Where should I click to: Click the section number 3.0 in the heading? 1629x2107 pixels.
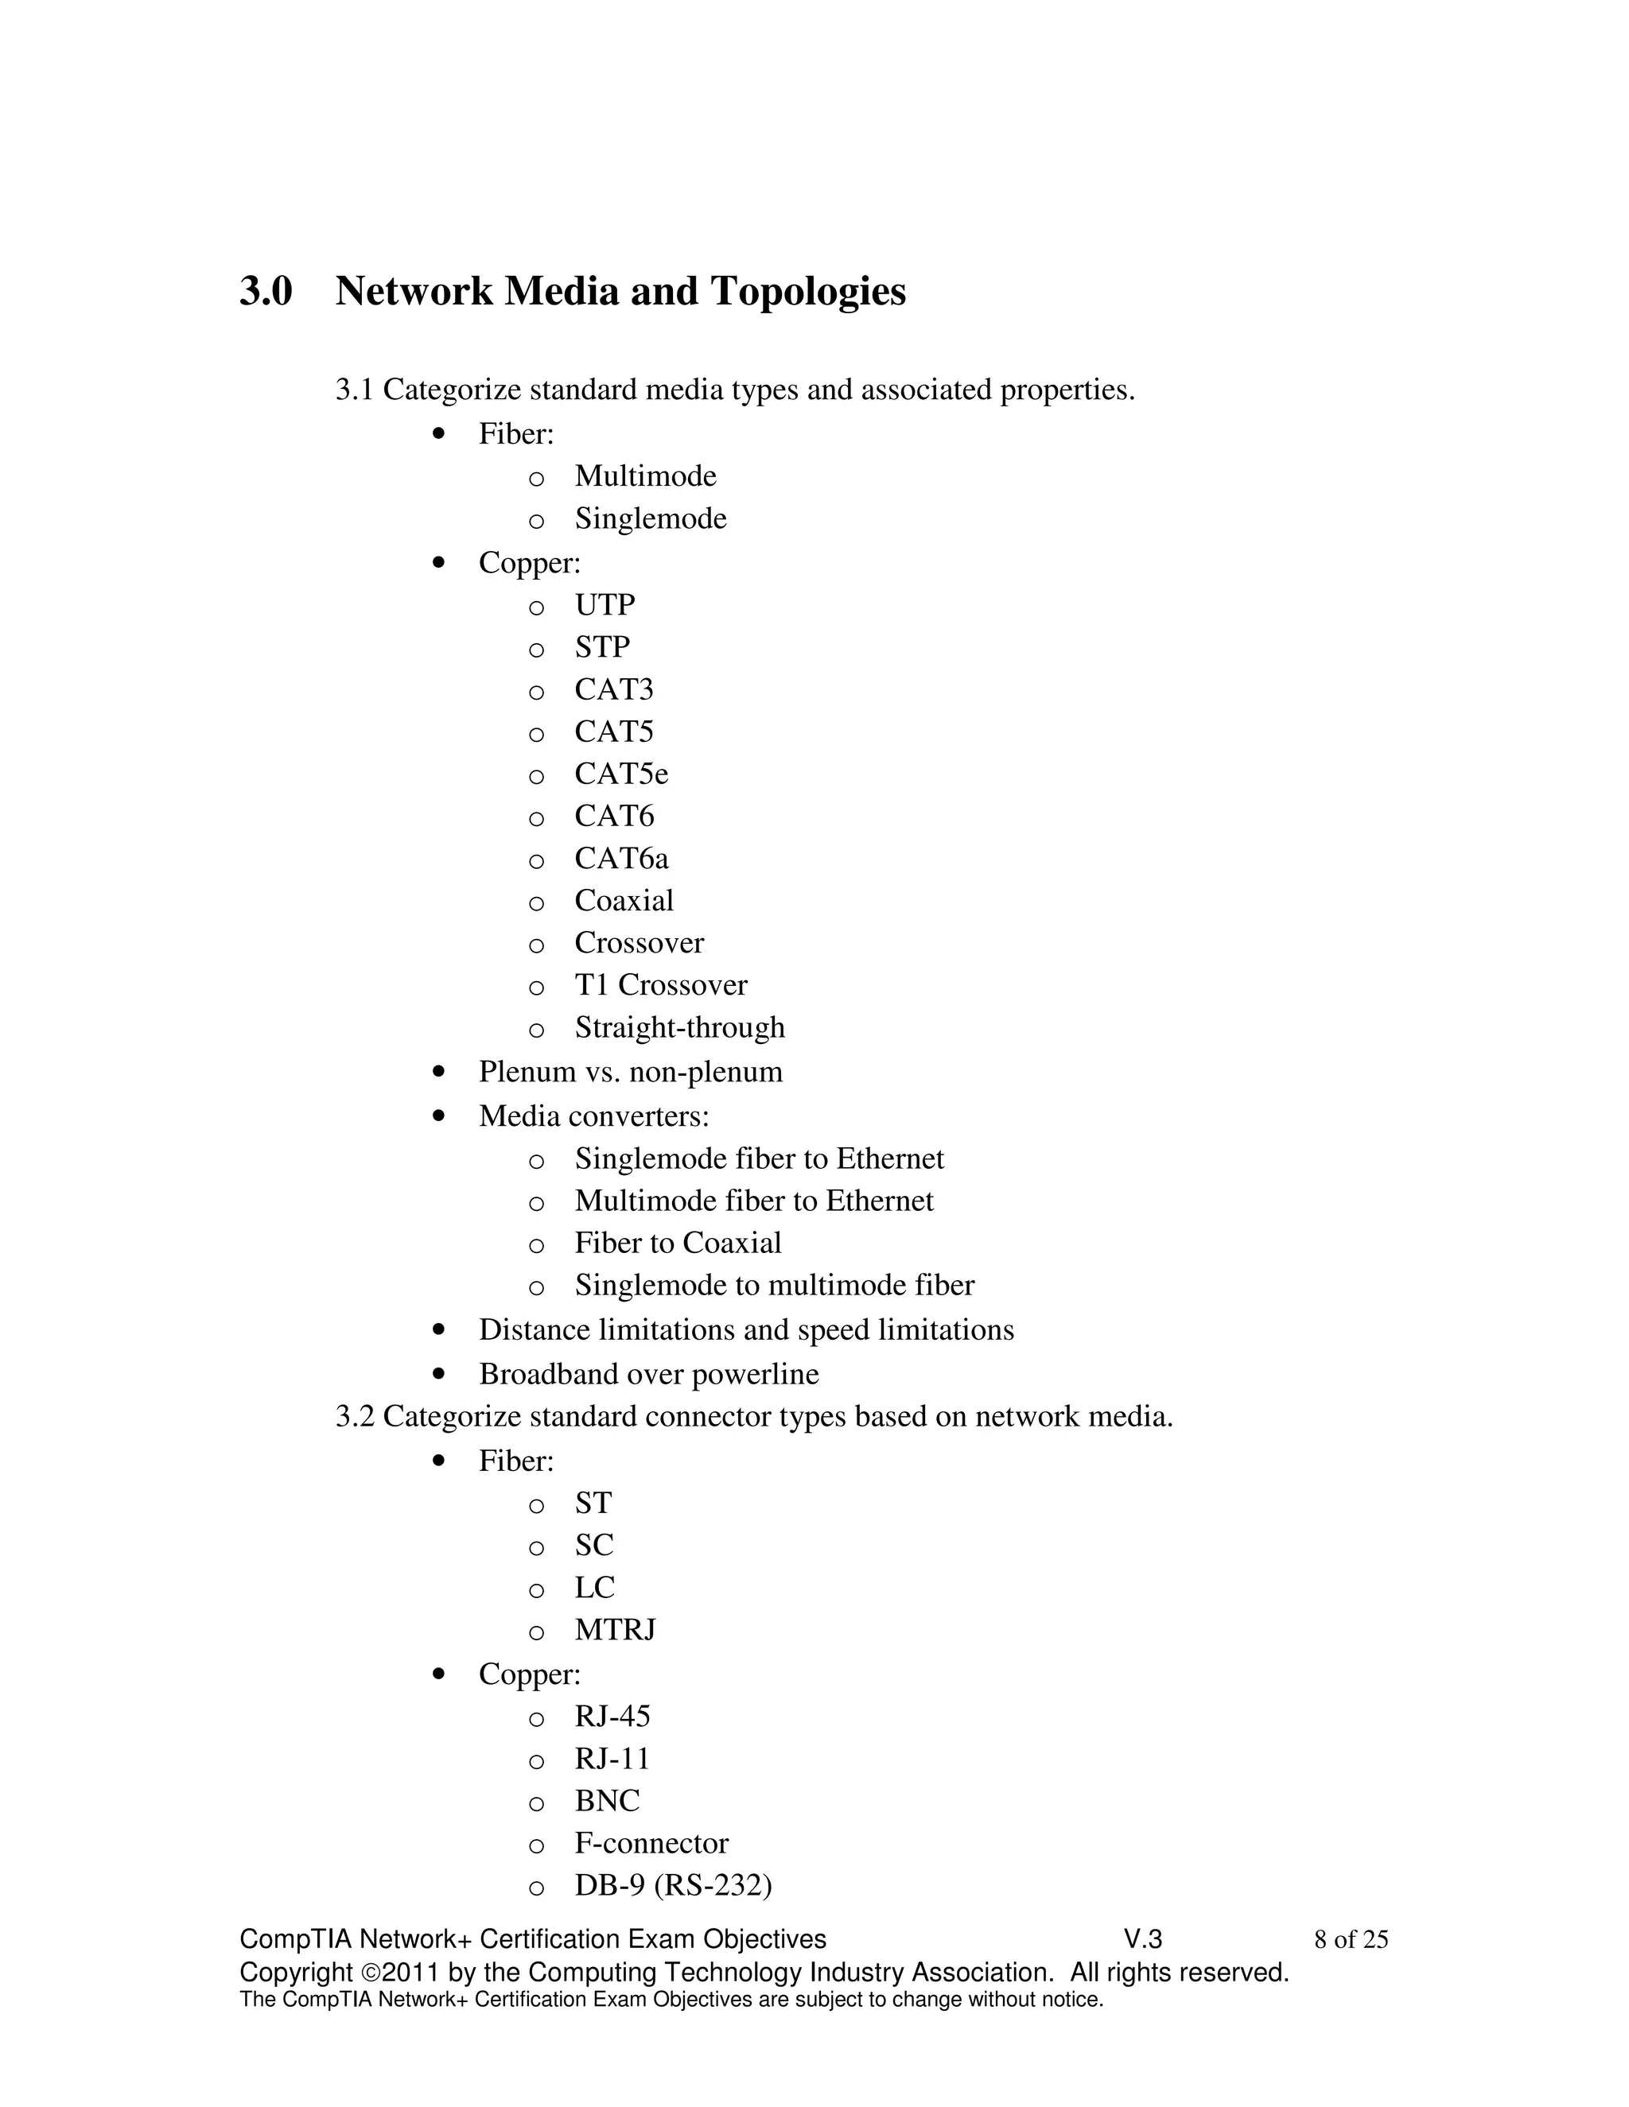click(x=266, y=291)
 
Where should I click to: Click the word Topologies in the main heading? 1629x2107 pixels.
click(x=808, y=291)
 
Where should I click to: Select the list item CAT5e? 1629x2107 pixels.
click(x=620, y=774)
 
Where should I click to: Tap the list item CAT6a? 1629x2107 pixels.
click(x=620, y=858)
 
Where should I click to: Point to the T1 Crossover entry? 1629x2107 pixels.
click(x=660, y=985)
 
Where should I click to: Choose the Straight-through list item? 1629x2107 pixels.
click(x=679, y=1027)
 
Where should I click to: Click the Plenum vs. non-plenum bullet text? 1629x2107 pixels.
click(x=630, y=1072)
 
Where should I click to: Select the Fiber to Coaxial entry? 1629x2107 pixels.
click(x=678, y=1243)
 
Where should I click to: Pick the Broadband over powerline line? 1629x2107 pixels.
click(x=648, y=1374)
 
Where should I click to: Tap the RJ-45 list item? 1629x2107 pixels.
click(x=612, y=1717)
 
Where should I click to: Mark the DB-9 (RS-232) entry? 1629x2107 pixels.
click(x=673, y=1885)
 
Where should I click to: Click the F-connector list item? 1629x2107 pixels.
click(x=651, y=1843)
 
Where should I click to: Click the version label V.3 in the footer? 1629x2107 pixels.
click(x=1143, y=1939)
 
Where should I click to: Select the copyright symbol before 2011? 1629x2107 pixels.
click(x=371, y=1973)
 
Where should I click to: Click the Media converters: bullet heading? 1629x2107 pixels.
click(x=593, y=1116)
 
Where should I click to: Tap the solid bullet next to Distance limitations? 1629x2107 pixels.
click(x=439, y=1330)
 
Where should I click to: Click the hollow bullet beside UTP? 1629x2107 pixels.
click(x=537, y=607)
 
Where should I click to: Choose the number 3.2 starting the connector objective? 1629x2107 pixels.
click(x=353, y=1416)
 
